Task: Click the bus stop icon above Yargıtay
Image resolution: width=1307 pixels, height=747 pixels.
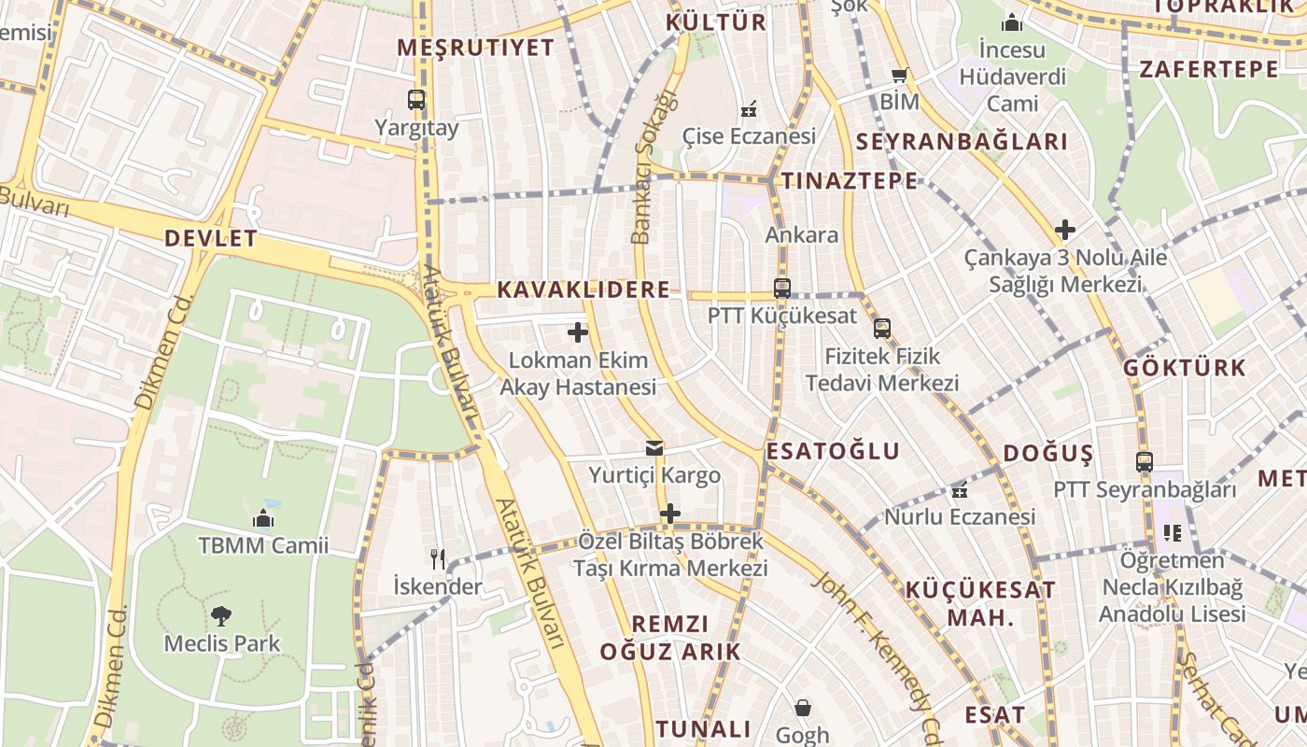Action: (x=416, y=99)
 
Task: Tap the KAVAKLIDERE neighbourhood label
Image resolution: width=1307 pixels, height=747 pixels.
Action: (x=583, y=289)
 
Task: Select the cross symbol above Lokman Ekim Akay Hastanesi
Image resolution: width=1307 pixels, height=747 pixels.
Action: (x=578, y=331)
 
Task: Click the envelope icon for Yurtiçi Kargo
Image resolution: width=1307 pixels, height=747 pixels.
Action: (x=654, y=448)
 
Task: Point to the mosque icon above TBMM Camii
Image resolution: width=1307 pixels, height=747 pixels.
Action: (x=263, y=518)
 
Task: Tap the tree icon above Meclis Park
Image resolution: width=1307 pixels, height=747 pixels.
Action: (x=221, y=615)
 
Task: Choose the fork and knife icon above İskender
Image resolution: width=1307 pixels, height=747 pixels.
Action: (x=437, y=559)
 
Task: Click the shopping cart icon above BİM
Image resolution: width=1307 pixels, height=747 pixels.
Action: (x=900, y=76)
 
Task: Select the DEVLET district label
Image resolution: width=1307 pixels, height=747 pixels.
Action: (x=210, y=238)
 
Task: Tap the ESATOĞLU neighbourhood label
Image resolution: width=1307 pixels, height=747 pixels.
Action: (x=833, y=452)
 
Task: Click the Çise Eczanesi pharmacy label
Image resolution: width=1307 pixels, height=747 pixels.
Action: (x=749, y=136)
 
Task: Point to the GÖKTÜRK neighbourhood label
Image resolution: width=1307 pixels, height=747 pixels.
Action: (x=1185, y=367)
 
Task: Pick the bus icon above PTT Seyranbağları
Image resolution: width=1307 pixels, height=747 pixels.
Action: (x=1145, y=461)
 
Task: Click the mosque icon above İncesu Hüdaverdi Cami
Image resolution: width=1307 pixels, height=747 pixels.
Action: (x=1012, y=22)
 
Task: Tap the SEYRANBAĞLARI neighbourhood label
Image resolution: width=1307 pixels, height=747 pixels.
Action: (x=961, y=142)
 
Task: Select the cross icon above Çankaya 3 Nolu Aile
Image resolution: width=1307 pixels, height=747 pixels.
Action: (x=1065, y=229)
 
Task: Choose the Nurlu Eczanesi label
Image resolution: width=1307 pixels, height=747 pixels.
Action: (x=960, y=516)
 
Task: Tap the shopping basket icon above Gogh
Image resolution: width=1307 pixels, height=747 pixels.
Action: (x=802, y=708)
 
